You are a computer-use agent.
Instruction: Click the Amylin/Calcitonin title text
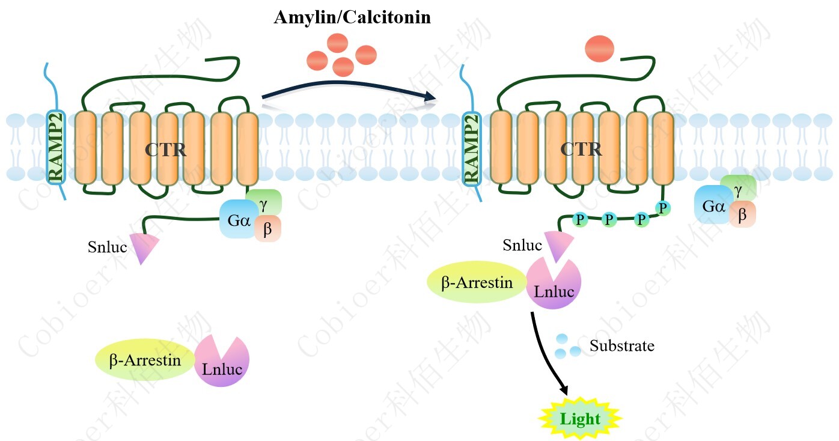(x=352, y=17)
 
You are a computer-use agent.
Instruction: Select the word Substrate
(x=621, y=346)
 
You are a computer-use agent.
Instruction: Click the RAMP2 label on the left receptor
(x=56, y=148)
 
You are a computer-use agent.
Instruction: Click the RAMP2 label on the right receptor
(x=472, y=148)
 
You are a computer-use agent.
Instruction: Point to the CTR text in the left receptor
(x=165, y=149)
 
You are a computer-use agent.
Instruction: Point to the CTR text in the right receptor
(x=581, y=148)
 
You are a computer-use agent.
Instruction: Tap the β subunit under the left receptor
(x=267, y=229)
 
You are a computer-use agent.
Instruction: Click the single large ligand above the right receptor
(x=599, y=49)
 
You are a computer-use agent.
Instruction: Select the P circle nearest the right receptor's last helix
(x=663, y=208)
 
